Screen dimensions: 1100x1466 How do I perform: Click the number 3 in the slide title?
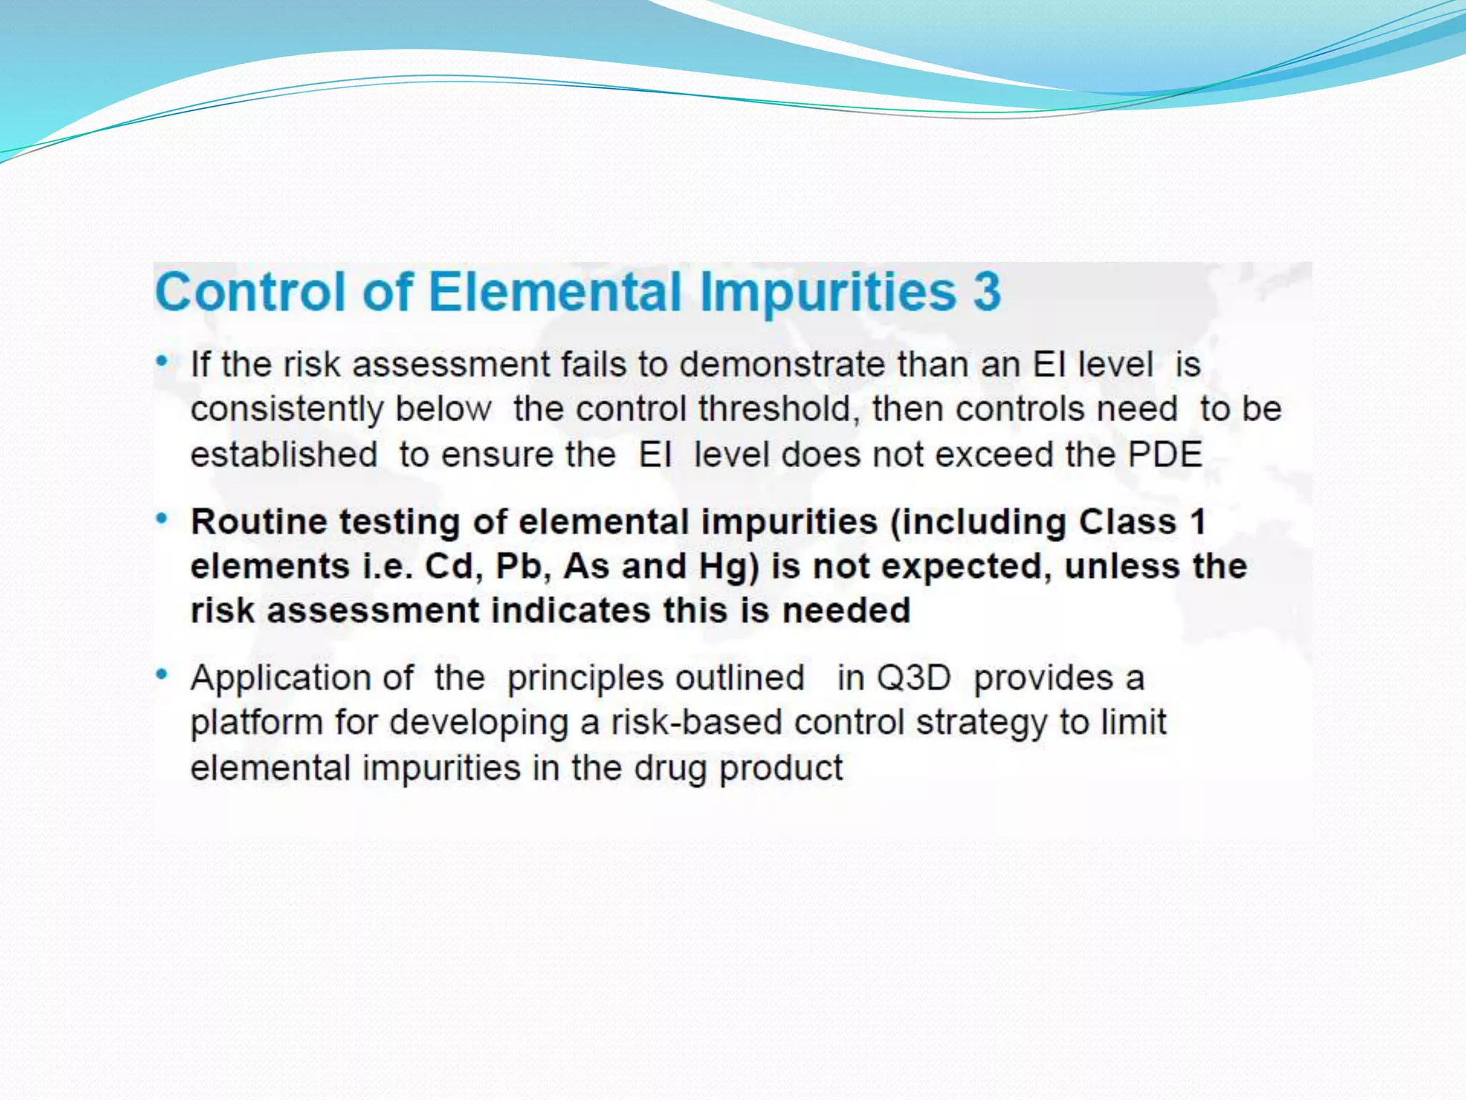coord(986,291)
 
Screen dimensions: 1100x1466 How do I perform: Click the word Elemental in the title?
coord(555,291)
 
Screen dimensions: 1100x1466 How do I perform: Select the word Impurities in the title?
coord(828,293)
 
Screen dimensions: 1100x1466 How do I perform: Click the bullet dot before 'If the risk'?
coord(162,362)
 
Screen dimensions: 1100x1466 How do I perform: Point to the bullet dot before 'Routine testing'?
coord(162,518)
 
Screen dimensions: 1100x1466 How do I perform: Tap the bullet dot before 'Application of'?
coord(162,675)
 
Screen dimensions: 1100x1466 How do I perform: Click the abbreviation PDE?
coord(1165,455)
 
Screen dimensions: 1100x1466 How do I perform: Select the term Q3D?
coord(913,677)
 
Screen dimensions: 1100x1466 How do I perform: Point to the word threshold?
coord(778,409)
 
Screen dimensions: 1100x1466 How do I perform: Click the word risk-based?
coord(696,723)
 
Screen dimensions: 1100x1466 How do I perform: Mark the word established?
coord(283,455)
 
